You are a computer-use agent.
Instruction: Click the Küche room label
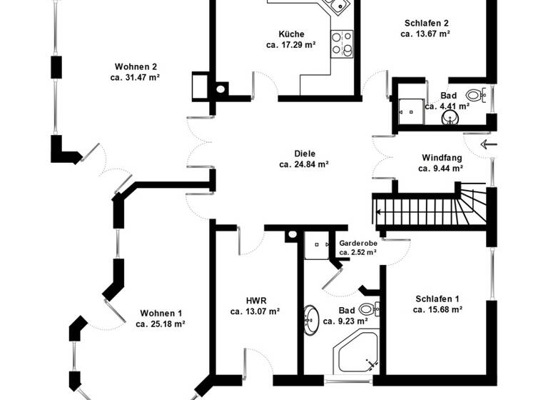291,34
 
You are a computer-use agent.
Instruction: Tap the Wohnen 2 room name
133,67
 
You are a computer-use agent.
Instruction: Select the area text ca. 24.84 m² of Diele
304,164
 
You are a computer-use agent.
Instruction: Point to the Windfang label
442,157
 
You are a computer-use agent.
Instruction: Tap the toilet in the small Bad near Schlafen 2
475,94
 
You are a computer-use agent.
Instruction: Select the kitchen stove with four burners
343,43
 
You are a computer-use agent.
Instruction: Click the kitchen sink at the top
335,6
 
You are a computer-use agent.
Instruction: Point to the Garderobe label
358,243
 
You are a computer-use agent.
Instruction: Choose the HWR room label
255,301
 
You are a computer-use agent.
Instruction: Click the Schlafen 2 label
426,23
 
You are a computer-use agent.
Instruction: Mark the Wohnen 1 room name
161,313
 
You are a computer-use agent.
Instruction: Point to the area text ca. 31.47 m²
134,77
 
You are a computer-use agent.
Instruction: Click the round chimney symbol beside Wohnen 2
221,89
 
